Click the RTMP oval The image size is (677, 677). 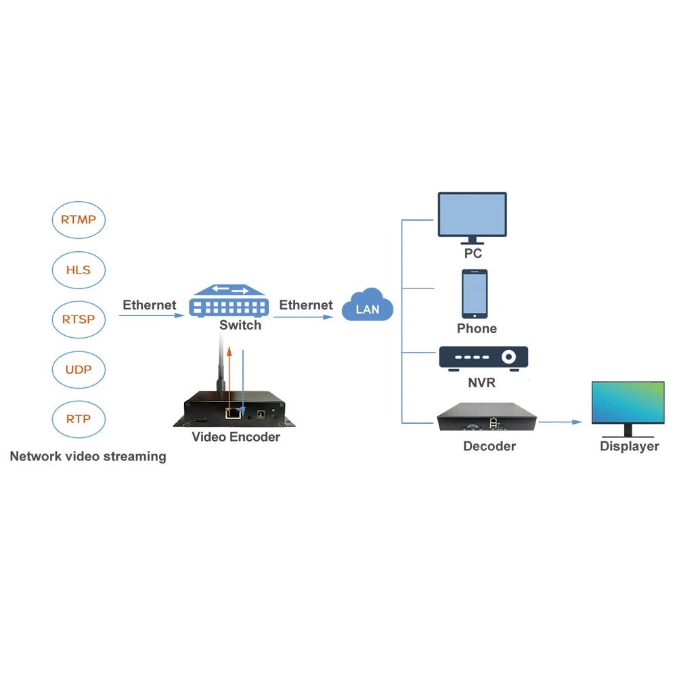[79, 219]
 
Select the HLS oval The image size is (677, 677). [79, 269]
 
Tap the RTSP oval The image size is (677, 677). [79, 319]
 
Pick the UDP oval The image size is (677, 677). [79, 369]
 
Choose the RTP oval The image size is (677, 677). [79, 418]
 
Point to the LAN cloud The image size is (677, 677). [368, 305]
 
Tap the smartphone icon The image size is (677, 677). [475, 294]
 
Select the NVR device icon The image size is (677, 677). [483, 358]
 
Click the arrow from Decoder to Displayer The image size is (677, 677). [561, 422]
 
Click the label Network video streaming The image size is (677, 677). [88, 456]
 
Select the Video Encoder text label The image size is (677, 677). [236, 437]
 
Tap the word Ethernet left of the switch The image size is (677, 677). [149, 305]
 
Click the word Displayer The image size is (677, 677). [629, 447]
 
